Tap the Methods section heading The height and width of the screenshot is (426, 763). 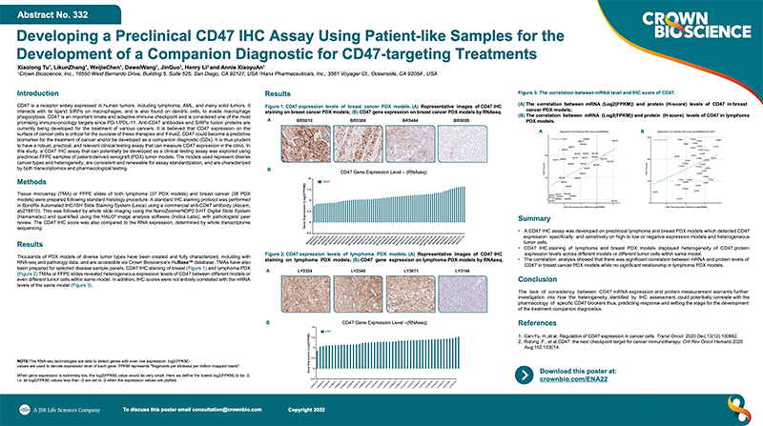(32, 180)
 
